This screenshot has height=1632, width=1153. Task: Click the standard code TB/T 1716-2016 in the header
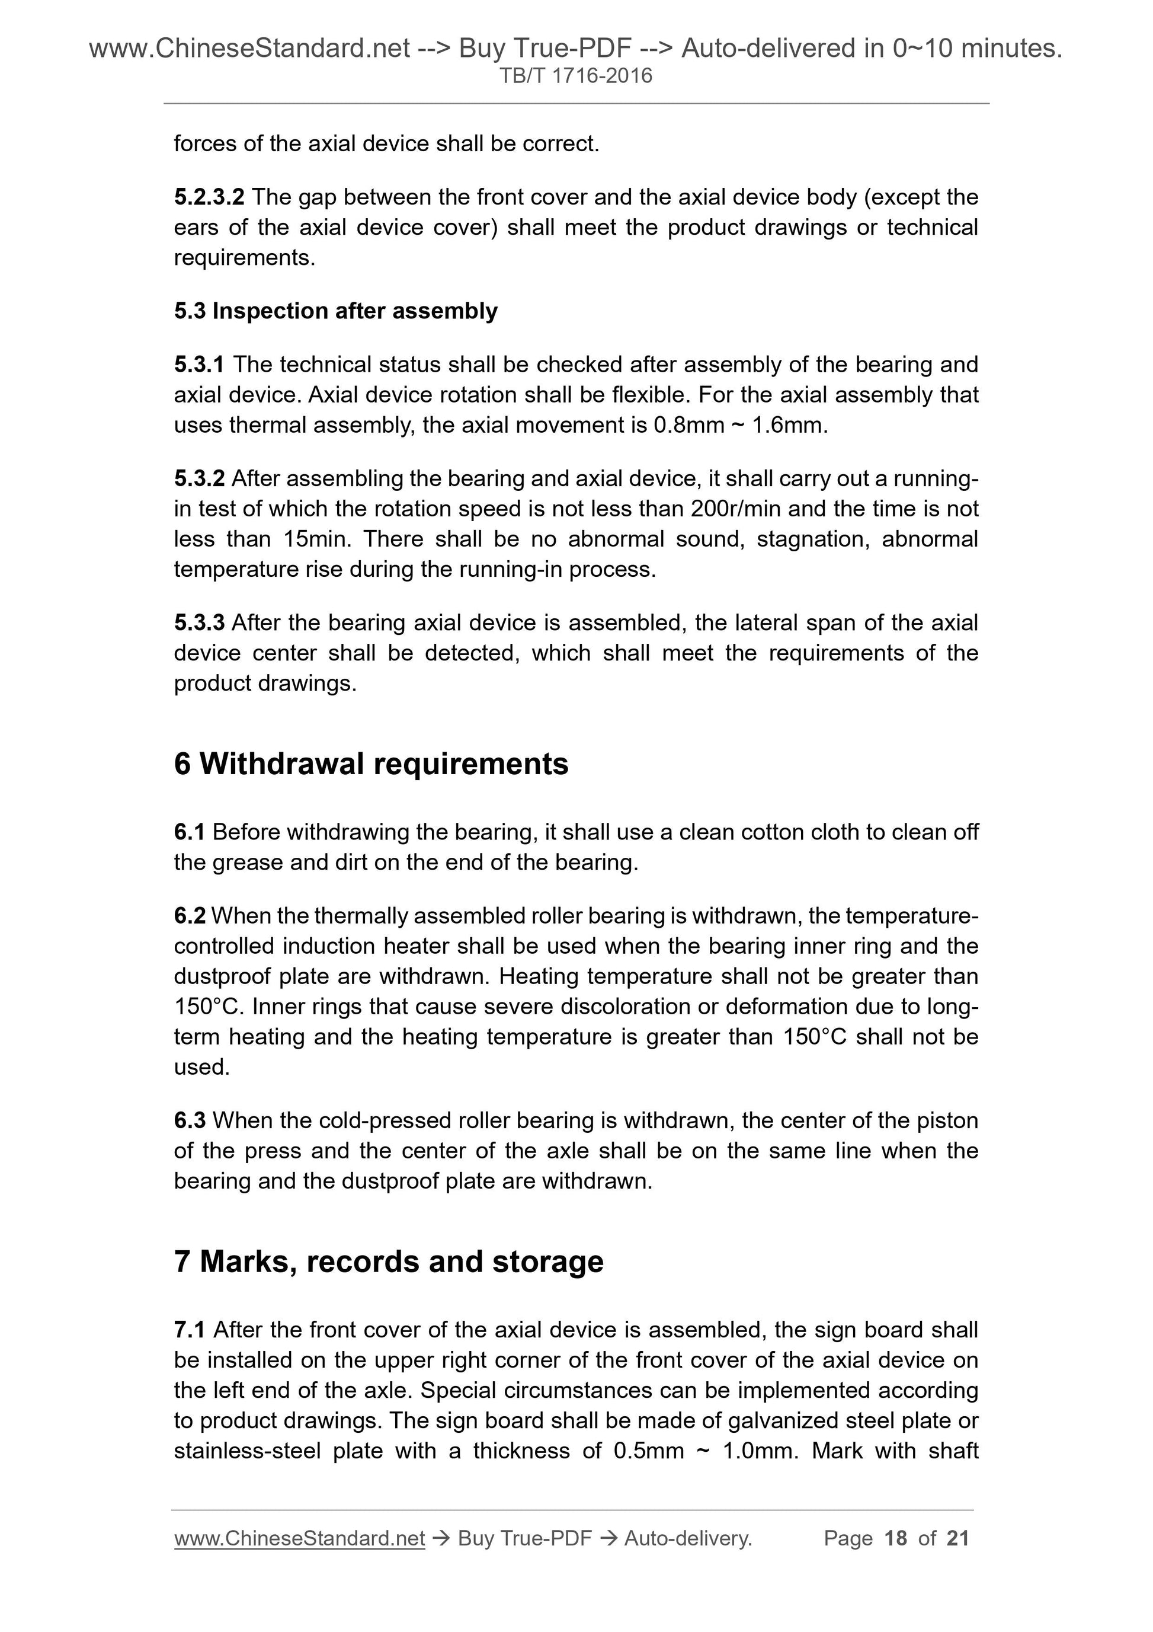[x=575, y=76]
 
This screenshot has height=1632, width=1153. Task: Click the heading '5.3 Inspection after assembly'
[x=335, y=311]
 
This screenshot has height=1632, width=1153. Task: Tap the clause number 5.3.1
[x=199, y=364]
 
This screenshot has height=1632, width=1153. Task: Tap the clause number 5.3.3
[x=199, y=622]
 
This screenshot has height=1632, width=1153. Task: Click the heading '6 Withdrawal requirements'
[x=371, y=764]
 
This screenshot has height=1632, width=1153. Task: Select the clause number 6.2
[x=190, y=915]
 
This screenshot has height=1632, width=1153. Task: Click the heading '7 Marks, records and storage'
[x=389, y=1261]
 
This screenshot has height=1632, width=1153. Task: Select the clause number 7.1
[x=190, y=1330]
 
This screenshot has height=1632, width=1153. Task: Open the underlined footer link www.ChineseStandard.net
[x=299, y=1538]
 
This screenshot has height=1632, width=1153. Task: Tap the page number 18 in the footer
[x=896, y=1538]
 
